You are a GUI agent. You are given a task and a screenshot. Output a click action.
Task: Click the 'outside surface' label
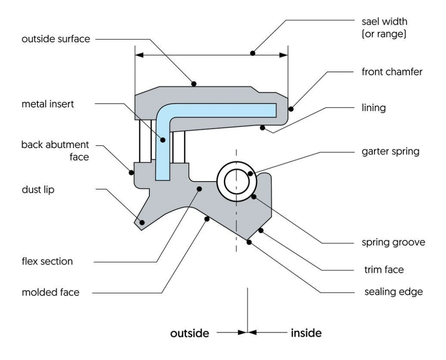point(55,39)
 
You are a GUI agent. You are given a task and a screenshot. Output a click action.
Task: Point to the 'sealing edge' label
point(393,291)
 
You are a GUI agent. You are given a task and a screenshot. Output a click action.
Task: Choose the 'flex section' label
point(47,262)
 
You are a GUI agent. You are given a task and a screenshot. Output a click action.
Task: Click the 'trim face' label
point(384,270)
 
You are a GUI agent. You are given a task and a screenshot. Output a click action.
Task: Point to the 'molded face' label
point(50,292)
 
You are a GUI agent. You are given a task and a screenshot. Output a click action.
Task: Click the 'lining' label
point(375,108)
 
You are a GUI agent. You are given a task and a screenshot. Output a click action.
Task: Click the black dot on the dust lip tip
point(142,222)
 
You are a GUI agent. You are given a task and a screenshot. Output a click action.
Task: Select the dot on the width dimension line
point(252,54)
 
